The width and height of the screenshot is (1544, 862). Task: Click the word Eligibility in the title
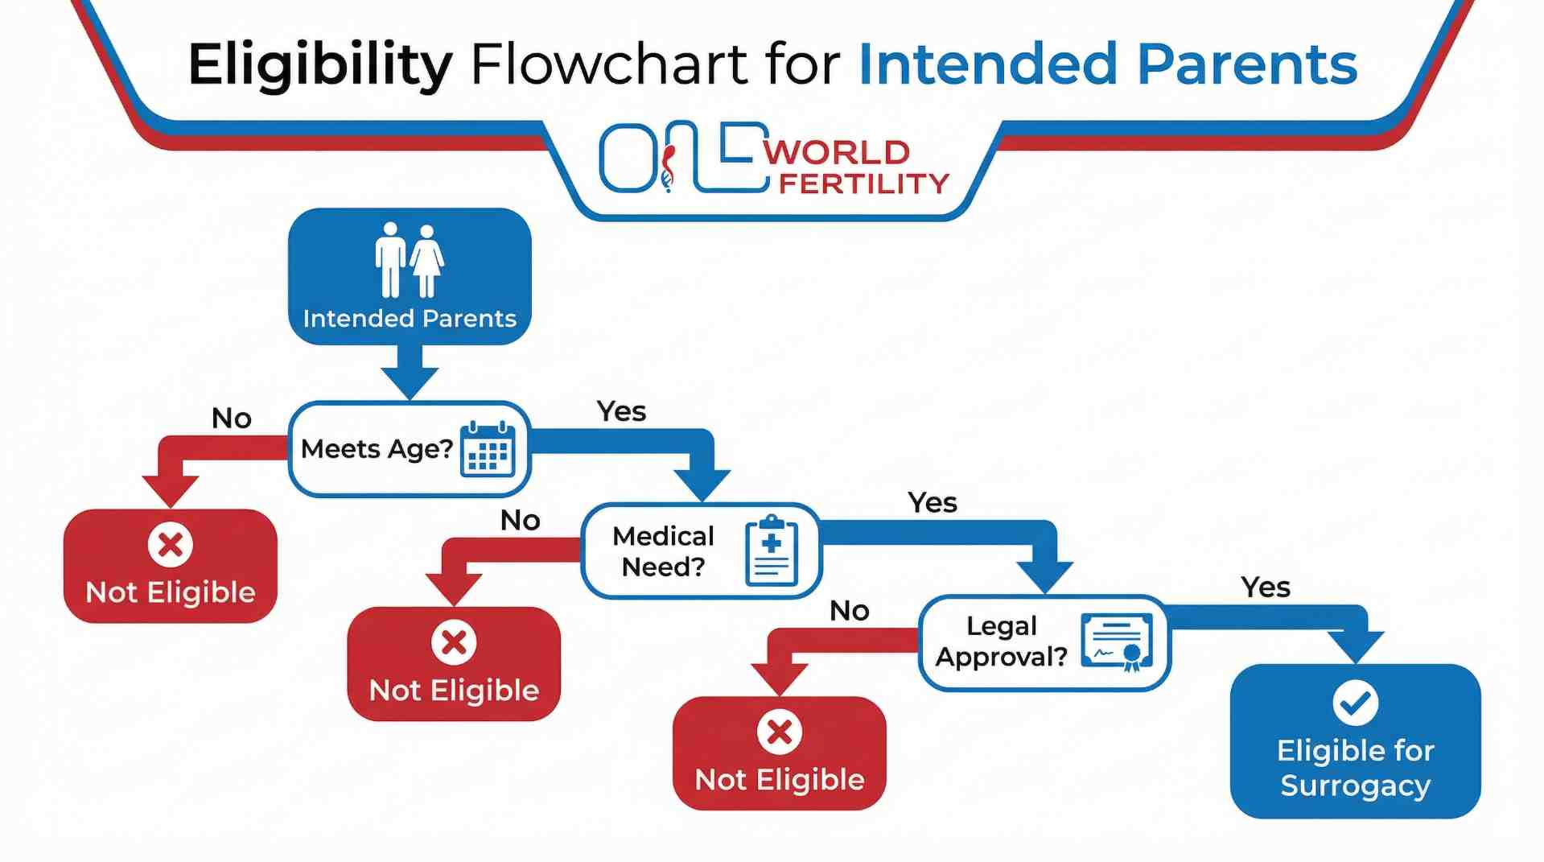(319, 64)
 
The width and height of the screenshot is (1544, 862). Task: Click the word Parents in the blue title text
(1247, 64)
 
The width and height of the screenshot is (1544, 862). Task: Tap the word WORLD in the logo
(837, 152)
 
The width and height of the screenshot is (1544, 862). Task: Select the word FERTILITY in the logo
(864, 184)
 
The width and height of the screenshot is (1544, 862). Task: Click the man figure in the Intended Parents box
(391, 259)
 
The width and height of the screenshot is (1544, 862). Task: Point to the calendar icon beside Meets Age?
(488, 449)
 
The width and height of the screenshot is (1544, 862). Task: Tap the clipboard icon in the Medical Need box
(771, 551)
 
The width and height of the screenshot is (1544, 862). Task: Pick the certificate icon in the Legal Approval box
(1117, 642)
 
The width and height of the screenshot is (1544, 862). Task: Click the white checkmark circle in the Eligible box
(1355, 703)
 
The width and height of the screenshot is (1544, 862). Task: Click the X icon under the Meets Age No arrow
(171, 545)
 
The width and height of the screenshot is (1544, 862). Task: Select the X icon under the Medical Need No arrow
(454, 642)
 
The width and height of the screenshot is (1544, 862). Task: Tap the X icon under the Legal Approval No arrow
(779, 732)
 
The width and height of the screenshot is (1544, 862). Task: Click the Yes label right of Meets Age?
(621, 411)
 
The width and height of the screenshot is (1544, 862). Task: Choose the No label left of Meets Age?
(232, 419)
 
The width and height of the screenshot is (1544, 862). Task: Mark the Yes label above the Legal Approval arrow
(1265, 588)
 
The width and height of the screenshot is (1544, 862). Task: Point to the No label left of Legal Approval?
(849, 611)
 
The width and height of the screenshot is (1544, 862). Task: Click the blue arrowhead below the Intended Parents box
(410, 381)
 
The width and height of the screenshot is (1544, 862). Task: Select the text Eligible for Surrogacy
(1355, 768)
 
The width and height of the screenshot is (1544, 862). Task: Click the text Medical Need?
(663, 551)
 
